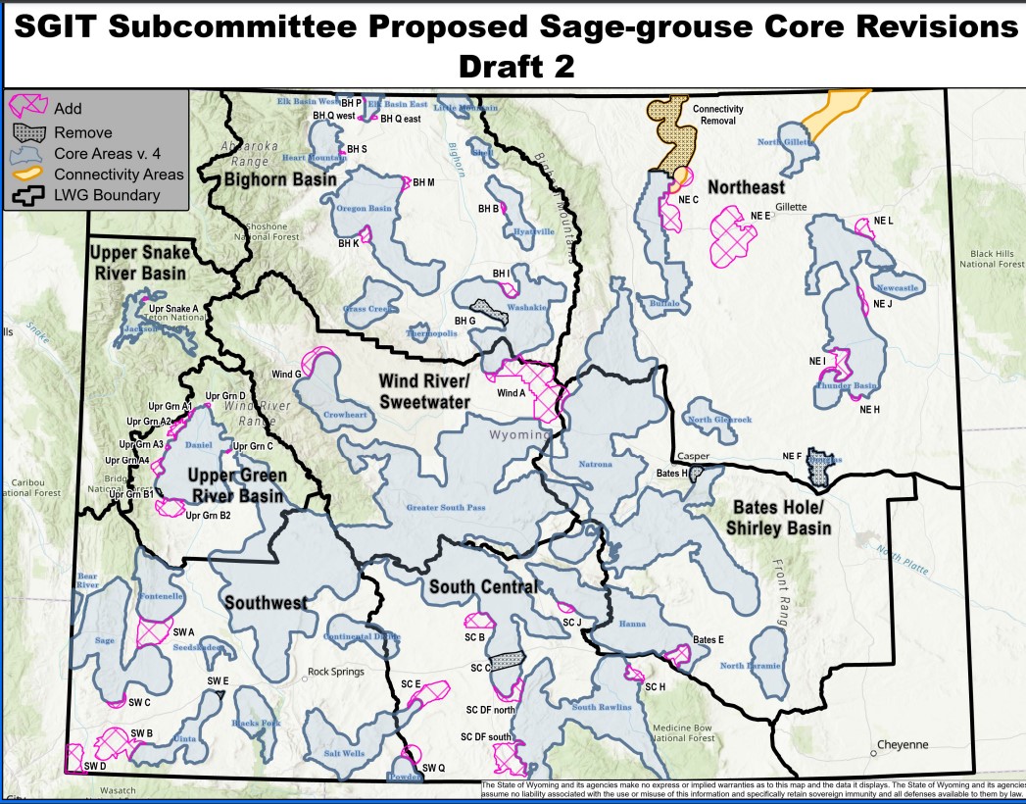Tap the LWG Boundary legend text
(107, 195)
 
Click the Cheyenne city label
(902, 745)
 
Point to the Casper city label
(693, 457)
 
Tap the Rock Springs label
(336, 673)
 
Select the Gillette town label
(790, 207)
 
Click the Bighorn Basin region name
(280, 180)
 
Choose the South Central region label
(483, 587)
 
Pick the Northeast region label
(746, 187)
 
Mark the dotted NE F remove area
(819, 469)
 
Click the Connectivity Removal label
(717, 116)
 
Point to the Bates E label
(708, 640)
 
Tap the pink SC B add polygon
(479, 622)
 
